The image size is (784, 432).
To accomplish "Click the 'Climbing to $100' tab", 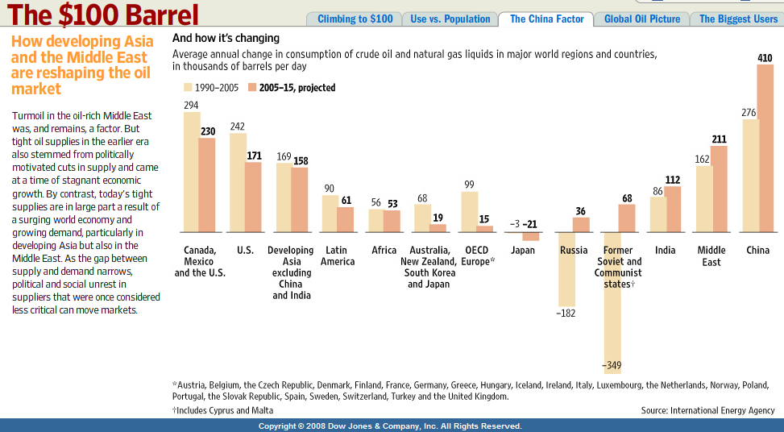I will [x=355, y=19].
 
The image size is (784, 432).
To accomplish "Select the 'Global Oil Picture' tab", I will [x=642, y=19].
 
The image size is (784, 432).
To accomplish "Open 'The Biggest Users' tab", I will [x=738, y=19].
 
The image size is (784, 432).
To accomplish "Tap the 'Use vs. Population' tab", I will [x=450, y=19].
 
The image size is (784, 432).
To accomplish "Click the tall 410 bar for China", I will [x=765, y=148].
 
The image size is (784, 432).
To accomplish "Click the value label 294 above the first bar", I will [x=191, y=105].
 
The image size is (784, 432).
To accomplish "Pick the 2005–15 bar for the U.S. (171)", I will [x=253, y=197].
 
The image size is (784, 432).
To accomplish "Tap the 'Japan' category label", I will [x=523, y=251].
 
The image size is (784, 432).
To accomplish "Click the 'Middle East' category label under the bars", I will [x=711, y=255].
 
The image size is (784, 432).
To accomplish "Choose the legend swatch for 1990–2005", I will [x=189, y=87].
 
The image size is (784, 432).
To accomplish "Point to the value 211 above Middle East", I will [x=719, y=139].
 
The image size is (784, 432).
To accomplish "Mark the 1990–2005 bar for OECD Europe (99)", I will [x=469, y=212].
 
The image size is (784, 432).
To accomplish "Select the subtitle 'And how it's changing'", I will [x=226, y=38].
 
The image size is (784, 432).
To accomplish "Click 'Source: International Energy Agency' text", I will [x=707, y=410].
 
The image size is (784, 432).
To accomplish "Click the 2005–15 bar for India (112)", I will [x=673, y=210].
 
